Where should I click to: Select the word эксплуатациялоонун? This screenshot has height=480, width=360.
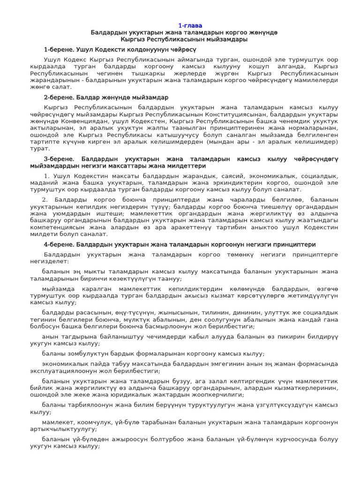(63, 371)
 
